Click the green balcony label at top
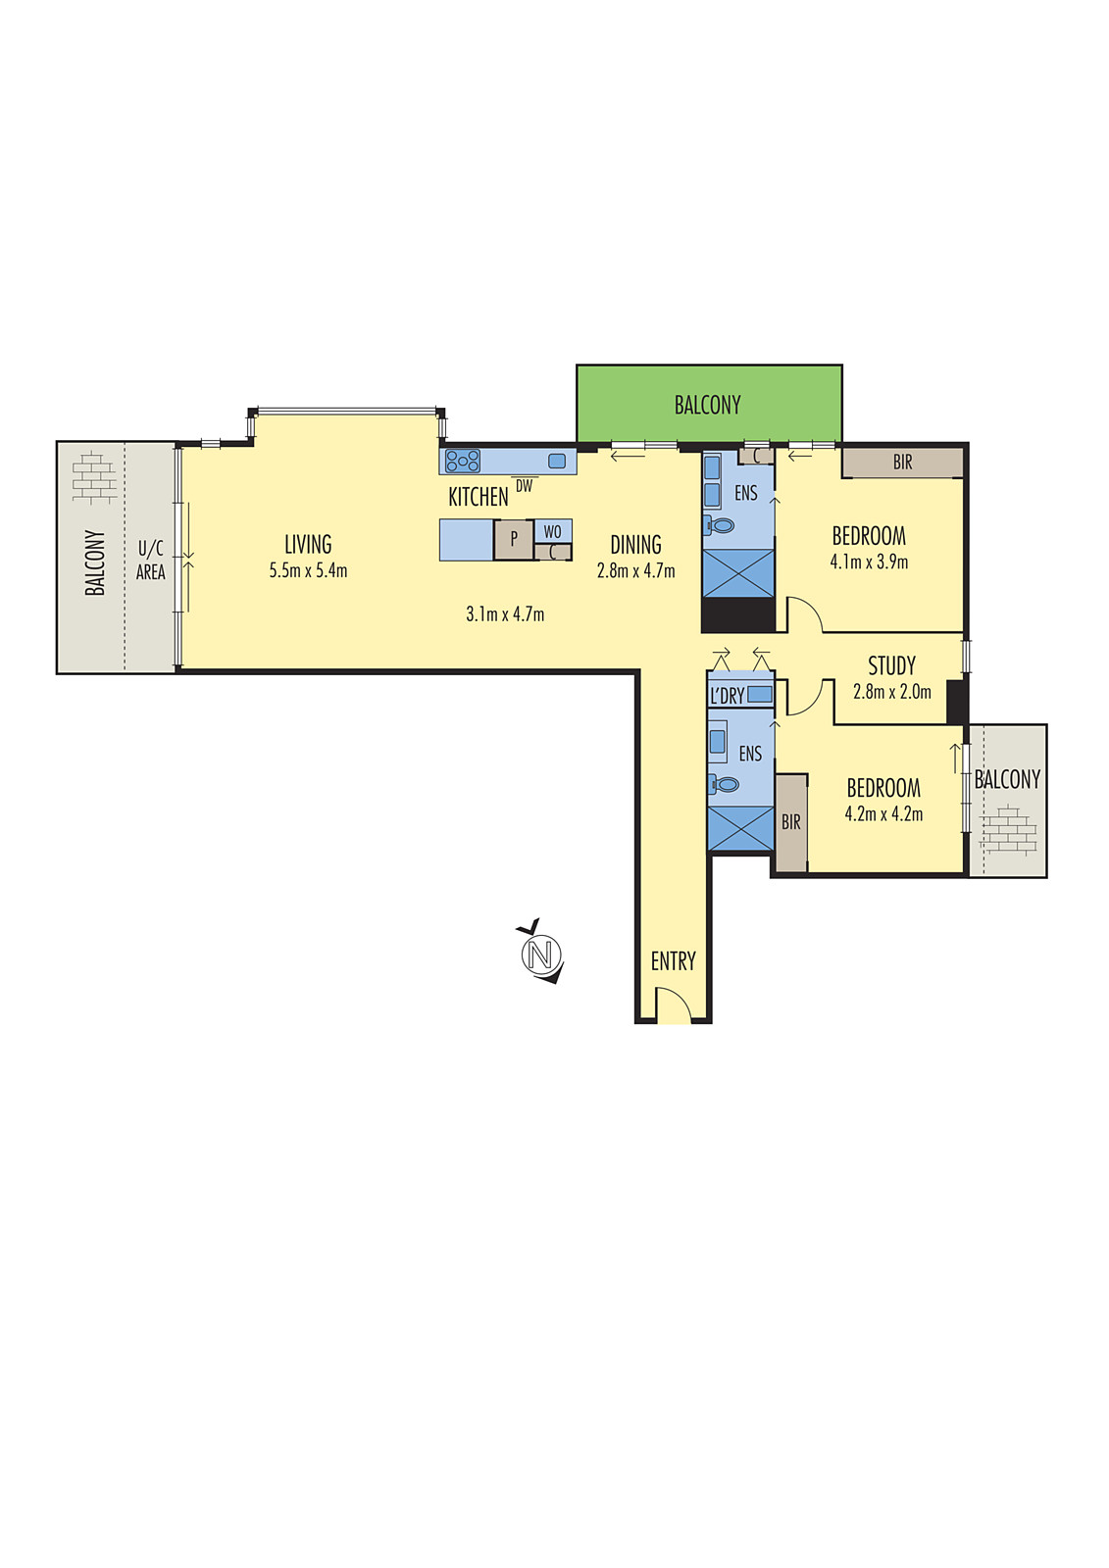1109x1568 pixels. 707,405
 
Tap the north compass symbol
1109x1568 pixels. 540,953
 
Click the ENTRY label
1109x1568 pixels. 673,961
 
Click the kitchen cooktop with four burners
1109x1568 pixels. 463,461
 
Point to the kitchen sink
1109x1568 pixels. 557,461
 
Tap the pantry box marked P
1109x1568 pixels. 513,540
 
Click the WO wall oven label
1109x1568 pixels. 552,531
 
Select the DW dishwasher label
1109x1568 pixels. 525,486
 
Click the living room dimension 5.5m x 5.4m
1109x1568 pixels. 308,570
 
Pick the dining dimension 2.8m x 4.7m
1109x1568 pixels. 635,570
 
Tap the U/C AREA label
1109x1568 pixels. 150,560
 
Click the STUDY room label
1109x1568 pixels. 891,666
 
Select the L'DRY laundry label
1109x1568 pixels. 727,696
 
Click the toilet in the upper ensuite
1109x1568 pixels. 721,526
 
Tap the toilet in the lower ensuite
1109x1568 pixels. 725,784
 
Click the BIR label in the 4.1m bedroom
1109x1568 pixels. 902,463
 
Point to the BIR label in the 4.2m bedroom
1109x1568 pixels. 790,822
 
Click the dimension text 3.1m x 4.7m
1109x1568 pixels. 505,614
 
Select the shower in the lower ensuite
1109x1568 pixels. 740,828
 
